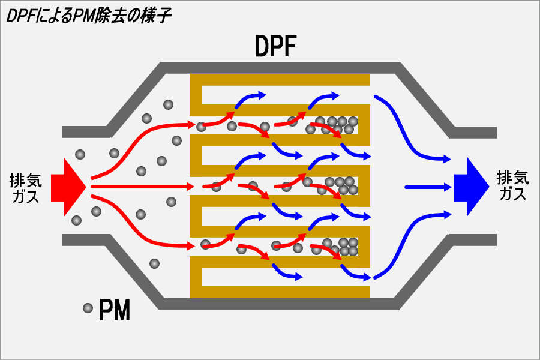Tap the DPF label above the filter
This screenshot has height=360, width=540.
275,46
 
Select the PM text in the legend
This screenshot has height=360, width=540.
115,310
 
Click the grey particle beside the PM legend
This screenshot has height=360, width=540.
88,308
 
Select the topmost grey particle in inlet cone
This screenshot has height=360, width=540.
168,104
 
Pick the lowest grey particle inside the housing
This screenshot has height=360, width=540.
154,263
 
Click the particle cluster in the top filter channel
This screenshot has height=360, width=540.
336,125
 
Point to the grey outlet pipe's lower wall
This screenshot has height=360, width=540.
473,241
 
